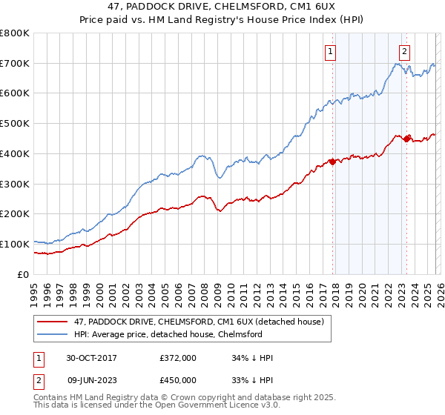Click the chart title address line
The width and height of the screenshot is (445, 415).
pos(222,7)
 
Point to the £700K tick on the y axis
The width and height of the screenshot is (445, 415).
pos(15,64)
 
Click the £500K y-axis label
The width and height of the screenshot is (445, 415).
pos(15,124)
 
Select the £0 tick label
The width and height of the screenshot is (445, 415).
pos(22,274)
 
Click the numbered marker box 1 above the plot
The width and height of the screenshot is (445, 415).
pos(329,52)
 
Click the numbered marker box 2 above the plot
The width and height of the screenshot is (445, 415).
pos(404,52)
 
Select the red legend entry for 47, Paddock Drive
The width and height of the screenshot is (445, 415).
pos(198,322)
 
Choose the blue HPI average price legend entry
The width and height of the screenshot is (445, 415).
pos(178,334)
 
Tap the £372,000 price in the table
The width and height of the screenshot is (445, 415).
pos(178,358)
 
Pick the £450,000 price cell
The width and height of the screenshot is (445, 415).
pos(178,380)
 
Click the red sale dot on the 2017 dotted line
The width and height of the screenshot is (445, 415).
pos(332,162)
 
